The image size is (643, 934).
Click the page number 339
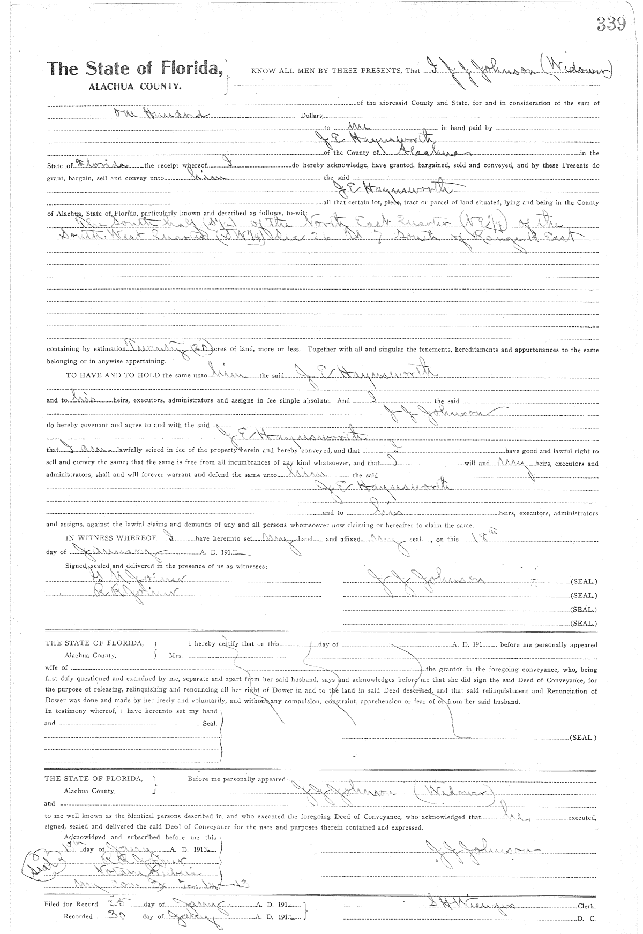point(610,24)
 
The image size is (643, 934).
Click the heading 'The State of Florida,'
point(135,69)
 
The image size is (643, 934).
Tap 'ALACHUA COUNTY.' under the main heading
point(134,86)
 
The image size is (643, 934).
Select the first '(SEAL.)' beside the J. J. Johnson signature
point(584,581)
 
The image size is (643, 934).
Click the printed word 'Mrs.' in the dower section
point(176,655)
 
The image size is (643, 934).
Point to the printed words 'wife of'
point(56,667)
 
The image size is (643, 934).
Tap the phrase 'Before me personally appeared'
point(236,779)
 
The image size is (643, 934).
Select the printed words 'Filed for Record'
point(71,904)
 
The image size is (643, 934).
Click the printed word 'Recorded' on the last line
point(78,916)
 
